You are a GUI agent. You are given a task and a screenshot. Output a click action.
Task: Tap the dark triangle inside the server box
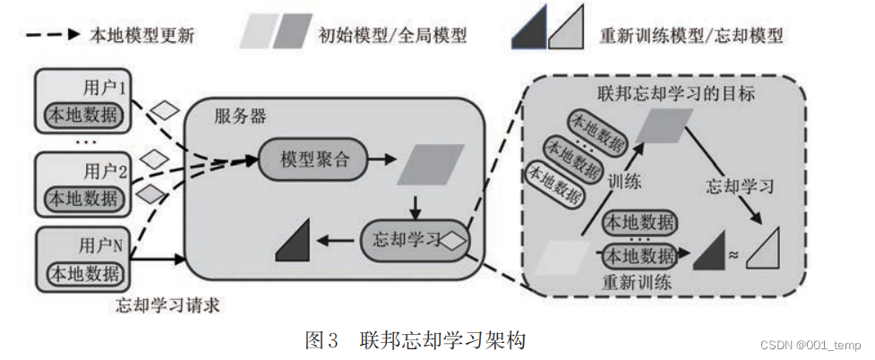[x=296, y=243]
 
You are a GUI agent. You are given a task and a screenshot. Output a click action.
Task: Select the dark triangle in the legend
[x=529, y=35]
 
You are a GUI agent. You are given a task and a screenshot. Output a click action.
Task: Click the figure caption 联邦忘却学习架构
[x=442, y=340]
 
